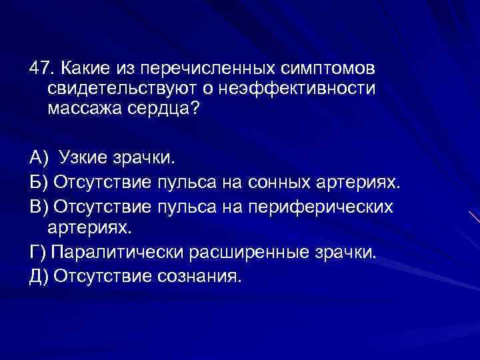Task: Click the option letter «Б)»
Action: (39, 183)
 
